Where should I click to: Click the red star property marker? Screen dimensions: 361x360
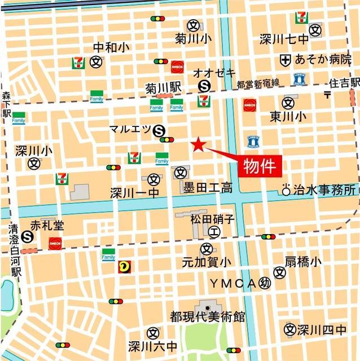(x=197, y=145)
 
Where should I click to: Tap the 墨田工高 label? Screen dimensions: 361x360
(x=207, y=188)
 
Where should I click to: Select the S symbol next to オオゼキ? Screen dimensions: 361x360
(x=204, y=86)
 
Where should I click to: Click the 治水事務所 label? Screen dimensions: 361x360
(x=325, y=190)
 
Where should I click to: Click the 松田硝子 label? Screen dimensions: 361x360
(x=212, y=219)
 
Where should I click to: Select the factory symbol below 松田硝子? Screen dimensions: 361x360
(x=214, y=231)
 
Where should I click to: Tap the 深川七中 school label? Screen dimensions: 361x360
(x=284, y=39)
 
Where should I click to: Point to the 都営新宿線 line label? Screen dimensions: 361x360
(x=258, y=83)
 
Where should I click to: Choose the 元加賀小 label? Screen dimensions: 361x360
(x=207, y=262)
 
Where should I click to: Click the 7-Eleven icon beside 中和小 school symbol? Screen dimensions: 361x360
(x=78, y=61)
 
